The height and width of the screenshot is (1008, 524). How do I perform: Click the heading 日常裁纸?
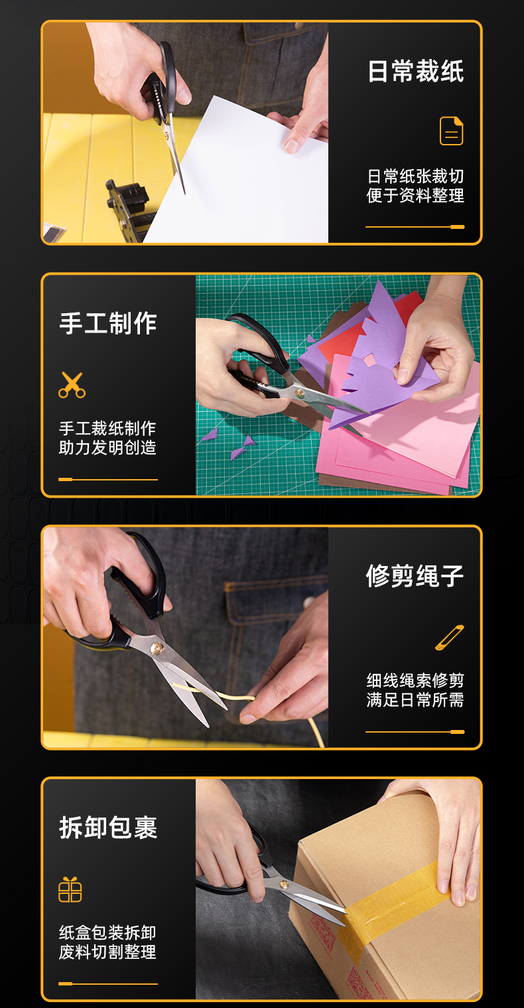415,72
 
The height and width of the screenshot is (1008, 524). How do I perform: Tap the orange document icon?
451,131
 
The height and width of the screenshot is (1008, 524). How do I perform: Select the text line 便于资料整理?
415,196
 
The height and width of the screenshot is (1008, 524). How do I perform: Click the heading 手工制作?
108,323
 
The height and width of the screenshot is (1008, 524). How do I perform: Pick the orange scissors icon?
72,385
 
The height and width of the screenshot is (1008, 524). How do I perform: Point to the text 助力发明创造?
107,448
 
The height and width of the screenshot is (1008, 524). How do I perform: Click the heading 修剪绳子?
415,576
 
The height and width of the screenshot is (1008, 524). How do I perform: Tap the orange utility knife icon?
450,638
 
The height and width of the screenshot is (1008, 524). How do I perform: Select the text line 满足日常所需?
415,700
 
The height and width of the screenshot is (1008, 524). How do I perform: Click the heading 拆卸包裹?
108,828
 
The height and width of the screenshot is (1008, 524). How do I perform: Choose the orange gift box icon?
70,889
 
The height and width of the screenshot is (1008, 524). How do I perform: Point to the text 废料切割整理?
107,952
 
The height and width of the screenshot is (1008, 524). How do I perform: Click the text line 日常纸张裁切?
415,177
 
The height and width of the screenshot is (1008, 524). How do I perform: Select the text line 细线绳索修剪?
415,681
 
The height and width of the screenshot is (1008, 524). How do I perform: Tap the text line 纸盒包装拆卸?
107,933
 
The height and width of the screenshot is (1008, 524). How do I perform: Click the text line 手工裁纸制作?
107,429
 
